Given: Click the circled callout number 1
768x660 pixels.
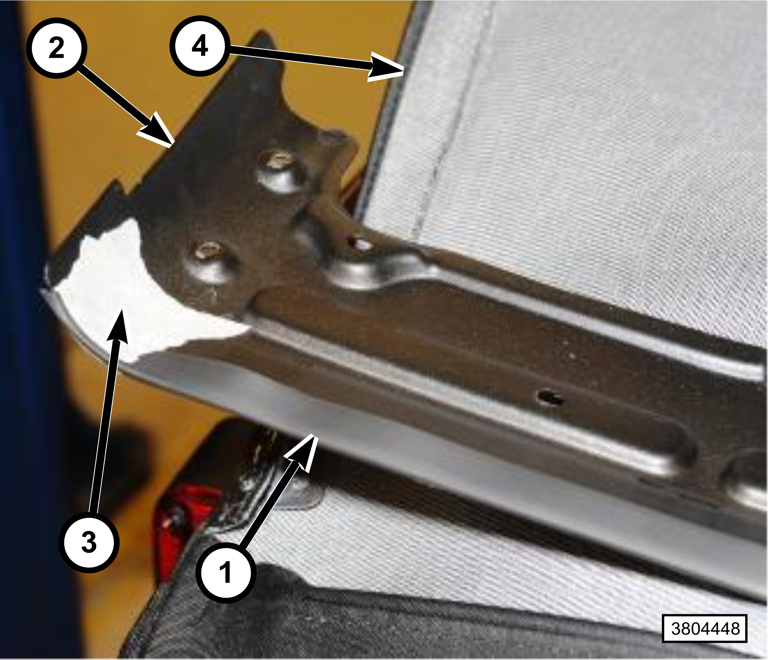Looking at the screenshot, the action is pos(226,572).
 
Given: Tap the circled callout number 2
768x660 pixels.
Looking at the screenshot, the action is pos(56,48).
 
